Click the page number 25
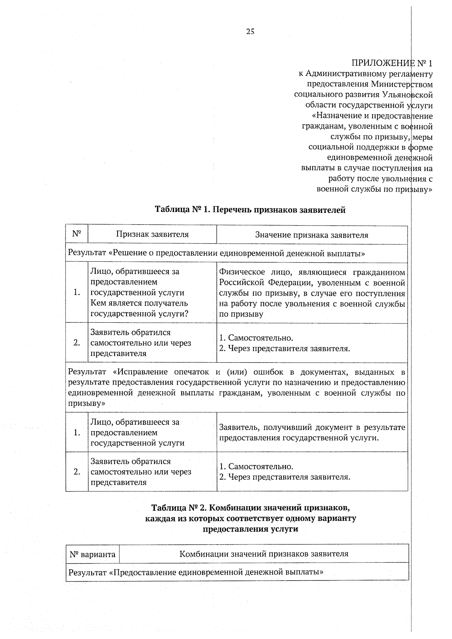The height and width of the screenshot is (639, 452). click(250, 32)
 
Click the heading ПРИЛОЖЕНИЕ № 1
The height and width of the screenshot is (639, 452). click(392, 63)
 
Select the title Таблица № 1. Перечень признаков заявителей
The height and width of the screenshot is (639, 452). click(250, 210)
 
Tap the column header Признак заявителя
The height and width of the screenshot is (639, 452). click(152, 235)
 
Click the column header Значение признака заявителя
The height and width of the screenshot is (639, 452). click(312, 235)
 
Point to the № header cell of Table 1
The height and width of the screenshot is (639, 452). click(77, 234)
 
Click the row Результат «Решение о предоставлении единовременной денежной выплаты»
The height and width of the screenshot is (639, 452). click(217, 253)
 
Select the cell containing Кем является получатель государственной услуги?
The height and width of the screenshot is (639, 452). click(152, 293)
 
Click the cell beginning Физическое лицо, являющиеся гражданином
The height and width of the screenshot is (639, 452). click(312, 293)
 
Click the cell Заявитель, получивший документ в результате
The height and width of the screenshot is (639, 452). click(312, 432)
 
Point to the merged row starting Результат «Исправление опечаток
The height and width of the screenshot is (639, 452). click(237, 387)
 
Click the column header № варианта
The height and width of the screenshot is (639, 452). click(92, 554)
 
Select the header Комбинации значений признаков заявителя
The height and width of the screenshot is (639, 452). click(264, 554)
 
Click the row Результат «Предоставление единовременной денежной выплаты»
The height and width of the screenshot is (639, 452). click(196, 572)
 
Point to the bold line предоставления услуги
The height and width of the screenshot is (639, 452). click(250, 529)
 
